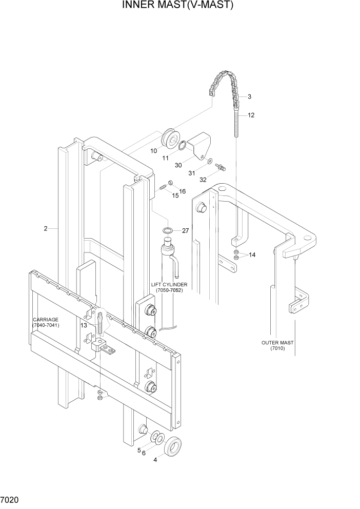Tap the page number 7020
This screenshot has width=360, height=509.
11,499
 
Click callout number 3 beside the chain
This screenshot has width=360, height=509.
249,96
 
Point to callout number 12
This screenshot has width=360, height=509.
251,115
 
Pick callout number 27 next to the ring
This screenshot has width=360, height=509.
185,231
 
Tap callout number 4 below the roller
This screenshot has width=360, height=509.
156,459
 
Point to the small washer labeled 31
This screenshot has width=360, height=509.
211,162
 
